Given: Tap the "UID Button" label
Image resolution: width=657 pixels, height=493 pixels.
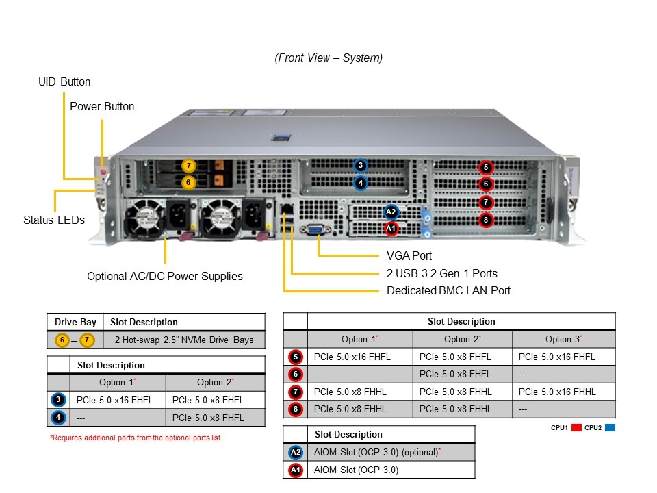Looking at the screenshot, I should click(x=64, y=81).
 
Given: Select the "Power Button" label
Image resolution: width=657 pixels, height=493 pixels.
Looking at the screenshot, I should click(x=102, y=106).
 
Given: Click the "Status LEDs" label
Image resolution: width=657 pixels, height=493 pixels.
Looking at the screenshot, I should click(x=54, y=220).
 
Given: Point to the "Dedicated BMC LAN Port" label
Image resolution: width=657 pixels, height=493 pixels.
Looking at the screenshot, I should click(x=448, y=290).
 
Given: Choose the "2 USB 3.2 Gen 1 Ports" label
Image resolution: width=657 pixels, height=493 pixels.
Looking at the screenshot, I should click(x=442, y=273).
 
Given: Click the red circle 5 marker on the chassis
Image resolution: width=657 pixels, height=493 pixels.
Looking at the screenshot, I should click(x=486, y=167).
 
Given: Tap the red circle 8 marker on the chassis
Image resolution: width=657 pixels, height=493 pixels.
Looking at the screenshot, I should click(x=486, y=220).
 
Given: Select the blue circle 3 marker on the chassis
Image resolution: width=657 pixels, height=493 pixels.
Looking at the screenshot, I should click(x=361, y=166).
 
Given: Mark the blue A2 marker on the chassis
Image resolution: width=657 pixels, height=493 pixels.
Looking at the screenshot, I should click(x=391, y=212).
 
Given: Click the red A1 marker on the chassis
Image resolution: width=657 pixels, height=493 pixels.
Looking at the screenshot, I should click(x=391, y=228).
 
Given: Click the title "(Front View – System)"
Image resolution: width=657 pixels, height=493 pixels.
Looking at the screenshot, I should click(x=328, y=58).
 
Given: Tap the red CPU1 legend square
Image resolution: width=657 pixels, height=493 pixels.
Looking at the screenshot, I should click(x=576, y=428).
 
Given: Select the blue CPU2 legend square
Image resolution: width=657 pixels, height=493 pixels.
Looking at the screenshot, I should click(x=610, y=428).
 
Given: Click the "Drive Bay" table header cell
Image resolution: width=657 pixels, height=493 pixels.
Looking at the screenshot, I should click(x=75, y=322).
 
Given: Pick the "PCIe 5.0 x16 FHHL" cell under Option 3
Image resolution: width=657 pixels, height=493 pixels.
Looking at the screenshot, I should click(x=557, y=392).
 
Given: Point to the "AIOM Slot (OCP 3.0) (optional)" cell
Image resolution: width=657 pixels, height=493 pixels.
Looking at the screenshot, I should click(x=376, y=452).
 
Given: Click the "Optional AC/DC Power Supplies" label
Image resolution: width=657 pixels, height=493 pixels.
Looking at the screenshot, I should click(x=165, y=276).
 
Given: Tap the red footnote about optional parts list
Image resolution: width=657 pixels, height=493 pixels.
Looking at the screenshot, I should click(x=136, y=437).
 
